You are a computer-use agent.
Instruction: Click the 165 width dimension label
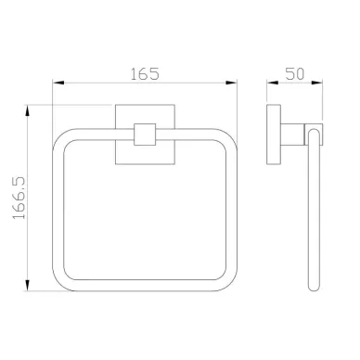point(145,74)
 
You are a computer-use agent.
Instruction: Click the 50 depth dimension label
point(295,73)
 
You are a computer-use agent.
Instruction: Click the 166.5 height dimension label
point(19,199)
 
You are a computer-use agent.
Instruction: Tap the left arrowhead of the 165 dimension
point(58,83)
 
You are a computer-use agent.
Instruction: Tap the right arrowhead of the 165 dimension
point(231,83)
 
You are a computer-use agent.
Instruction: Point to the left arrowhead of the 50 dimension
point(273,83)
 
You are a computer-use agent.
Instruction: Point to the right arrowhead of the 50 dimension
point(316,83)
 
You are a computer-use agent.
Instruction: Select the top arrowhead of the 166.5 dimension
point(28,111)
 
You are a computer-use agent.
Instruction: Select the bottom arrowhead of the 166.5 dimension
point(28,285)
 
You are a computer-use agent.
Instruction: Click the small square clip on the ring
point(145,135)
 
